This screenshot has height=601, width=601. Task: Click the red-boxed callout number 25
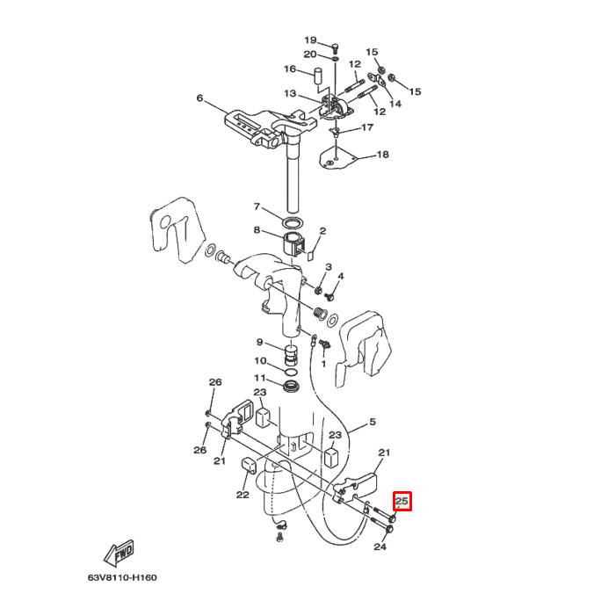coord(402,502)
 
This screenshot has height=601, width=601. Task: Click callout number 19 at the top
coord(310,40)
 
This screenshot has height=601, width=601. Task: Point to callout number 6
coord(199,98)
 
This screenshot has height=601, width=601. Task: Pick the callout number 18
coord(382,155)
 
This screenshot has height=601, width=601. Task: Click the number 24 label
coord(380,547)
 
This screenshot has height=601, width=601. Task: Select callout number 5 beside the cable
coord(372,423)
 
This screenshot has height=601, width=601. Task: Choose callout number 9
coord(260,342)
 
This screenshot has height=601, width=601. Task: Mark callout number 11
coord(260,378)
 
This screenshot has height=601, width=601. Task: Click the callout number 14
coord(395,104)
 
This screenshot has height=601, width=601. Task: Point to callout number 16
coord(289,69)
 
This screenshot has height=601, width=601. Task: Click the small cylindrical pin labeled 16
coord(322,72)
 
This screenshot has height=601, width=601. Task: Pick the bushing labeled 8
coord(293,241)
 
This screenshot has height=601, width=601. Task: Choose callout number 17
coord(366,127)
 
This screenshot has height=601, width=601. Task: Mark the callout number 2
coord(322,231)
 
